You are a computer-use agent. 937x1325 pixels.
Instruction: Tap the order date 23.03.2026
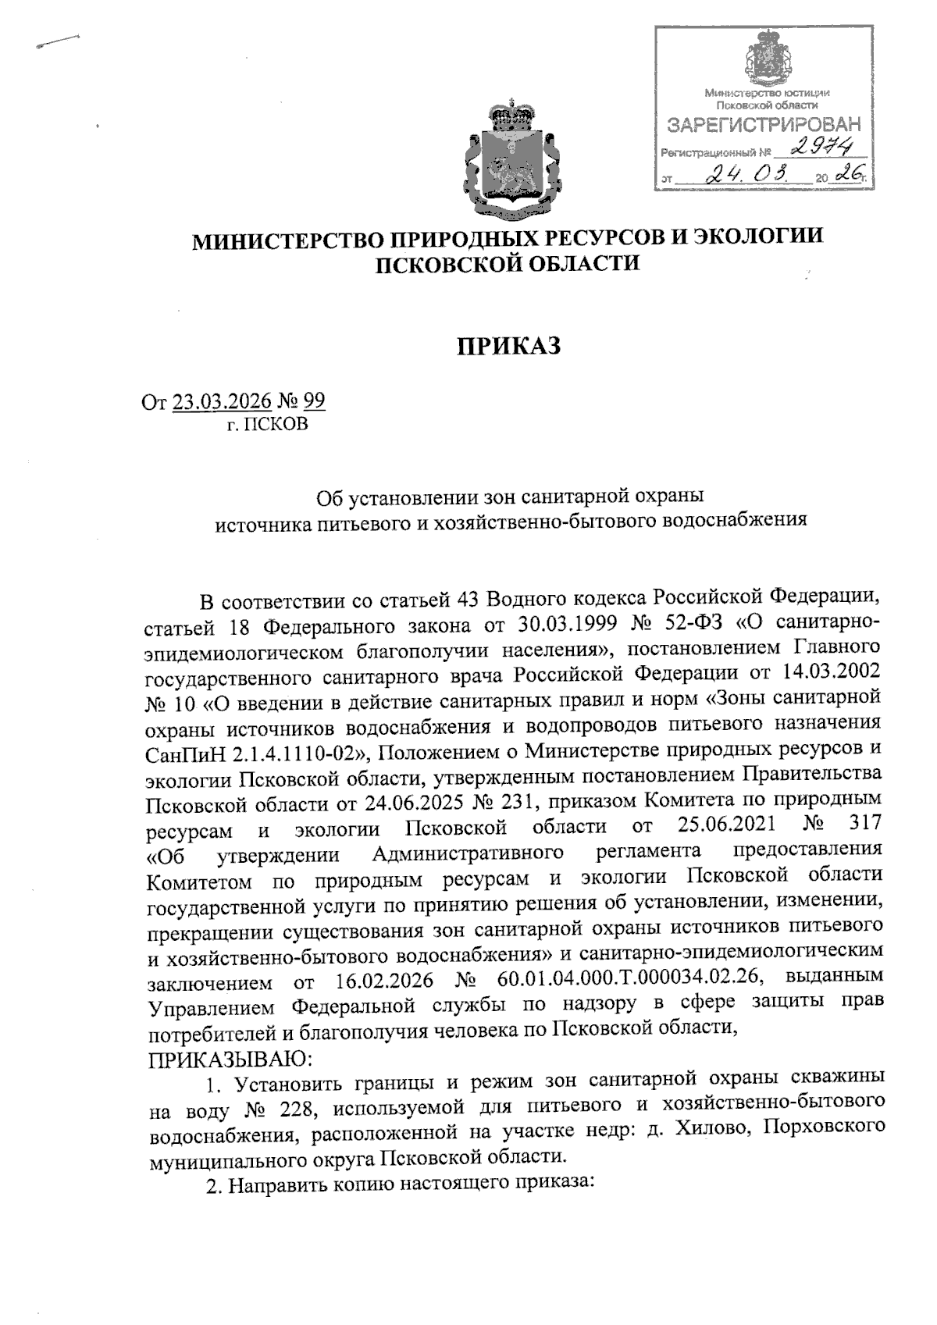click(222, 401)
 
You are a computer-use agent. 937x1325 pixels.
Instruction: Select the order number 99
click(313, 401)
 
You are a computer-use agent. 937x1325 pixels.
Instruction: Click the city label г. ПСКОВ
click(268, 425)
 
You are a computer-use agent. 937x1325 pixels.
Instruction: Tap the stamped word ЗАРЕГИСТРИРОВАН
click(764, 125)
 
